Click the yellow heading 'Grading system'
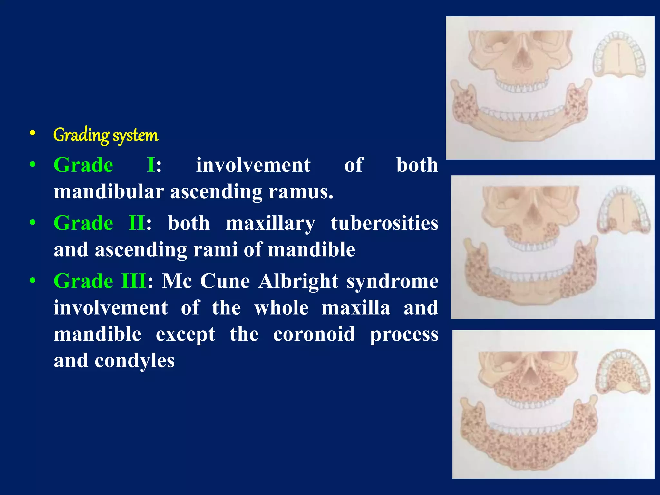click(x=106, y=135)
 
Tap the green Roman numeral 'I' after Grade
click(x=151, y=165)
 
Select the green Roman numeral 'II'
click(x=137, y=223)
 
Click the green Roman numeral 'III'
click(x=134, y=281)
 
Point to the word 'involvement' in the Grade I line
click(x=253, y=165)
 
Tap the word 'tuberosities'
click(x=384, y=223)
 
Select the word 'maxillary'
click(x=270, y=223)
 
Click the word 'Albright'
click(x=299, y=281)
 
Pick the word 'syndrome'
click(x=393, y=281)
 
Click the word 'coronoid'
click(x=314, y=334)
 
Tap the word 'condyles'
click(x=135, y=360)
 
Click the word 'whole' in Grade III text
click(x=281, y=307)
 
